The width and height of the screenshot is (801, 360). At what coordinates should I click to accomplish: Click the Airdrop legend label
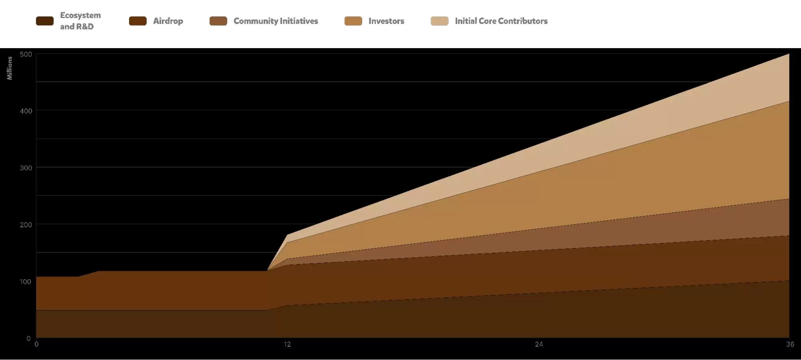168,21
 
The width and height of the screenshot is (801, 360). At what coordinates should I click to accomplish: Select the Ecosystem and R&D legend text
80,21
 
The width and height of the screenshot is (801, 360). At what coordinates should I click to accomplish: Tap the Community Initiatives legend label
276,21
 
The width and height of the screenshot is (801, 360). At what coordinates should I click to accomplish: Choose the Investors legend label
386,21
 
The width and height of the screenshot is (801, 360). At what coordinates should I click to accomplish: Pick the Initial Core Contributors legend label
501,21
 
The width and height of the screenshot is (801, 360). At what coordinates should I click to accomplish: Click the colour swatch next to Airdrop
138,21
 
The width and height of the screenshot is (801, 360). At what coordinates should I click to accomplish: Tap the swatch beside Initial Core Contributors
440,21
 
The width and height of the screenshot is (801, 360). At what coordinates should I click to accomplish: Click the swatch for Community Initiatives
218,21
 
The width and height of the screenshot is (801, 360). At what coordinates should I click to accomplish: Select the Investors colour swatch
353,21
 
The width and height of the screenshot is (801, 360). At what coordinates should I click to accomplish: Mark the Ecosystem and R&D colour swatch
45,21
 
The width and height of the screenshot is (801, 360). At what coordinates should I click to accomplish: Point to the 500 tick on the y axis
26,55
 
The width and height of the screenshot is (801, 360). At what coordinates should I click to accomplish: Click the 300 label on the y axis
26,168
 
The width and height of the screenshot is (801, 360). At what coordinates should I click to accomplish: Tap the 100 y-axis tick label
26,282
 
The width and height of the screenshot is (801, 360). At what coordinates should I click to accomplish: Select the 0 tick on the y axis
28,338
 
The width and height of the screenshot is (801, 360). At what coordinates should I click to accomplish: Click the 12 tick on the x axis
287,344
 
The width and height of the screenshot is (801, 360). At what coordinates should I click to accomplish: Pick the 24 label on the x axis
539,344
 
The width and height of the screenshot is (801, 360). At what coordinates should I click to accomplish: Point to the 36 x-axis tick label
790,344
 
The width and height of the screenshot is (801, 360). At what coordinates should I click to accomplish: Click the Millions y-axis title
10,68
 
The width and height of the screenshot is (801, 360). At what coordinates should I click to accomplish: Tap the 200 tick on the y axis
26,225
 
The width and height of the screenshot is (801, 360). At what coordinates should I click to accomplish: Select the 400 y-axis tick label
26,111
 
